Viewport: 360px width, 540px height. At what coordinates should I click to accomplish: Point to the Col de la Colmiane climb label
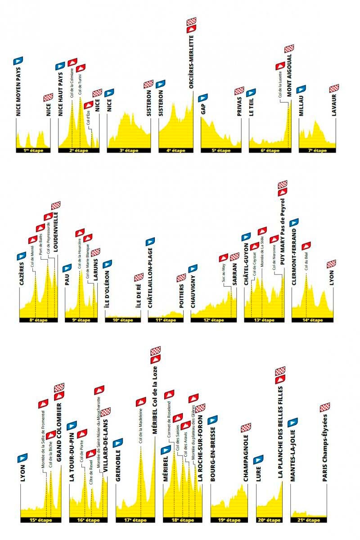pyautogui.click(x=72, y=83)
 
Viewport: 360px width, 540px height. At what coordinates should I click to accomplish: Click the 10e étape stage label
pyautogui.click(x=122, y=320)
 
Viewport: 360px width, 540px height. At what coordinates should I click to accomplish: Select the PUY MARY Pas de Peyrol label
pyautogui.click(x=282, y=234)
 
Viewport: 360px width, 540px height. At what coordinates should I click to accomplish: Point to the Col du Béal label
pyautogui.click(x=306, y=262)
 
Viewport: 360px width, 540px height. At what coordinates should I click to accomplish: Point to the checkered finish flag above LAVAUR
pyautogui.click(x=334, y=88)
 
